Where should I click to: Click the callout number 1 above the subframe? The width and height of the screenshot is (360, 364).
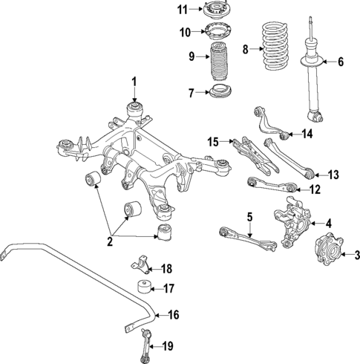134,81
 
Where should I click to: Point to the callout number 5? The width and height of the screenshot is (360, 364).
250,217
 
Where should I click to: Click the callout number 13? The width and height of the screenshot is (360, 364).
333,175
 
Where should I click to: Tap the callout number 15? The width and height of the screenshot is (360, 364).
214,141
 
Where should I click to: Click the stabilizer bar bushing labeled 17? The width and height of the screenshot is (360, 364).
142,289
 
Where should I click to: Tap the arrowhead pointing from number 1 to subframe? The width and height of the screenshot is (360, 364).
134,100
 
